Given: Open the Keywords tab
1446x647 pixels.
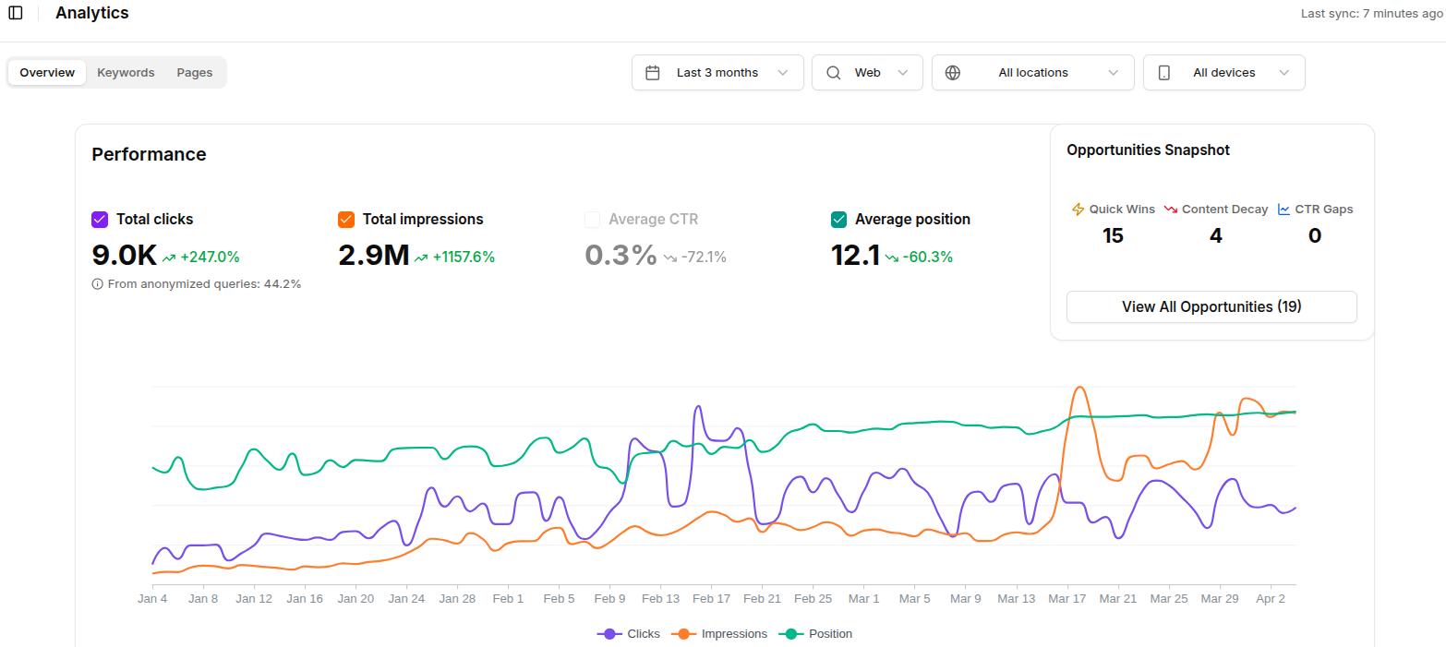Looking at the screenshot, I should [126, 73].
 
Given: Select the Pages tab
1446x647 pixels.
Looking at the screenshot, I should [194, 73].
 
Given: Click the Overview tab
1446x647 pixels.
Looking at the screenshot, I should [47, 73].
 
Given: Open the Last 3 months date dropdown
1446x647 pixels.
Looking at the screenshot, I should [717, 73].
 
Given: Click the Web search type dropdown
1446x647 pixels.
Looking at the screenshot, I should [867, 73].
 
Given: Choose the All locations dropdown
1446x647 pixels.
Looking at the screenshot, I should [1032, 73].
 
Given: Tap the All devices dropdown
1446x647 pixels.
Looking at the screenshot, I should [1223, 73].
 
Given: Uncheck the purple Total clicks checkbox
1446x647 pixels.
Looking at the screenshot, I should [100, 220].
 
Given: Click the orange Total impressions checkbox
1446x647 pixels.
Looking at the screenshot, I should [346, 220].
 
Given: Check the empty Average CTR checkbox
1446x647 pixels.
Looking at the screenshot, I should [593, 220].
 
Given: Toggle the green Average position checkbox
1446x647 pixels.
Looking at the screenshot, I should [838, 220].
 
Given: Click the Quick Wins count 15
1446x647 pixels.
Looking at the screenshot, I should [1113, 236].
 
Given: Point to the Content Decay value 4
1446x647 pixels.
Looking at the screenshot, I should [1215, 236].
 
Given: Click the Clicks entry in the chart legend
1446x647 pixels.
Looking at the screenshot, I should [630, 634].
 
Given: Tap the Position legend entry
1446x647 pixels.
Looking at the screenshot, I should [816, 634].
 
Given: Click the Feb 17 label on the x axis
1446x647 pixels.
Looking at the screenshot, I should [711, 599].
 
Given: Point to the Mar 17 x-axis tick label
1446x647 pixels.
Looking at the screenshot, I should [1066, 599].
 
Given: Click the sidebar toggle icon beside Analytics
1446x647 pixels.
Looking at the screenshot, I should [16, 13].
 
